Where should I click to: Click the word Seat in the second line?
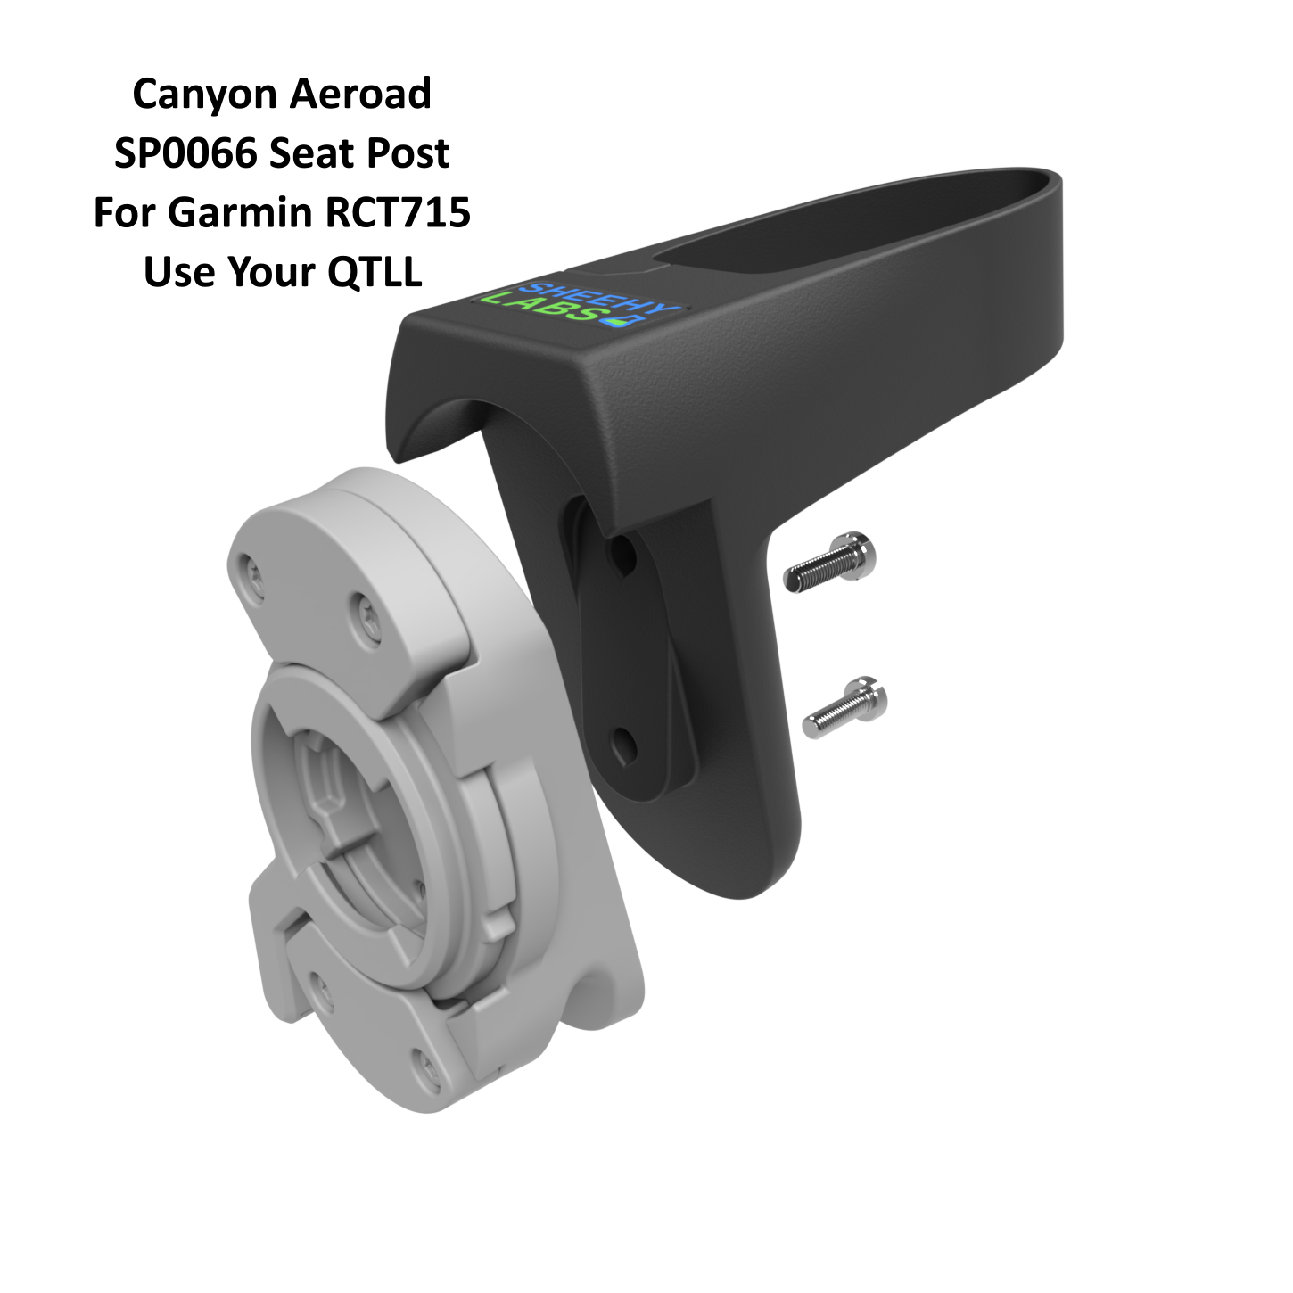[x=311, y=153]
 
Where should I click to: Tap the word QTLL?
[x=375, y=272]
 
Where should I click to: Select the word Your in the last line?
[x=273, y=272]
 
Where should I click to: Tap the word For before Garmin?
[x=125, y=213]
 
